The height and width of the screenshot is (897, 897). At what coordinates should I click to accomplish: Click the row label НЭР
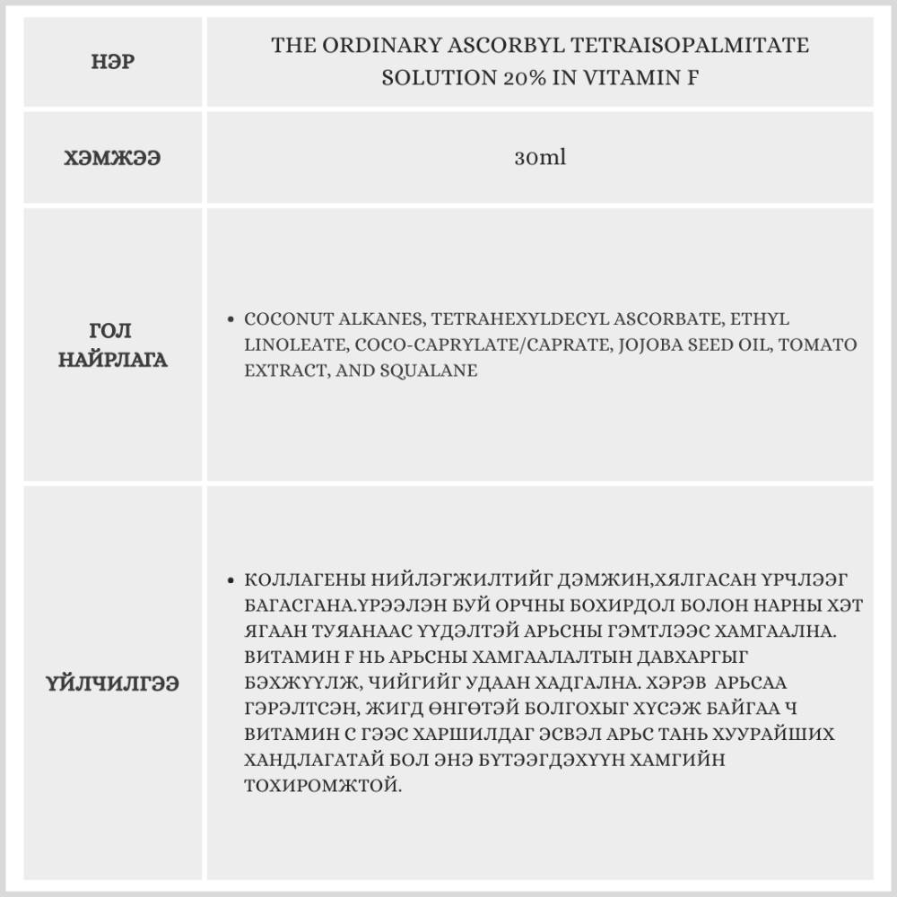(113, 63)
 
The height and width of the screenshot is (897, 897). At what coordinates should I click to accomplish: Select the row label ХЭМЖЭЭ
(113, 158)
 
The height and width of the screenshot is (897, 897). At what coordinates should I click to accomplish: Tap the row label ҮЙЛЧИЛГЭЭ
(113, 684)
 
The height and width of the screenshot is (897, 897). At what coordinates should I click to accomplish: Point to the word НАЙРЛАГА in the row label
(113, 360)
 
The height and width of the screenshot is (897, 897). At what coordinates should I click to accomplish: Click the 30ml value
(540, 158)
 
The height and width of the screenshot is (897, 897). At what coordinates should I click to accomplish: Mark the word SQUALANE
(435, 370)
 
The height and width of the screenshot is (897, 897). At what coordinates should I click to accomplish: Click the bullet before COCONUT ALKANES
(232, 319)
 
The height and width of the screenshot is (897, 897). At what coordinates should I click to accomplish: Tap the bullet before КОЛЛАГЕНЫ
(232, 580)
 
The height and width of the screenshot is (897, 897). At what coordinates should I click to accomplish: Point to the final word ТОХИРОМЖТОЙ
(322, 786)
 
